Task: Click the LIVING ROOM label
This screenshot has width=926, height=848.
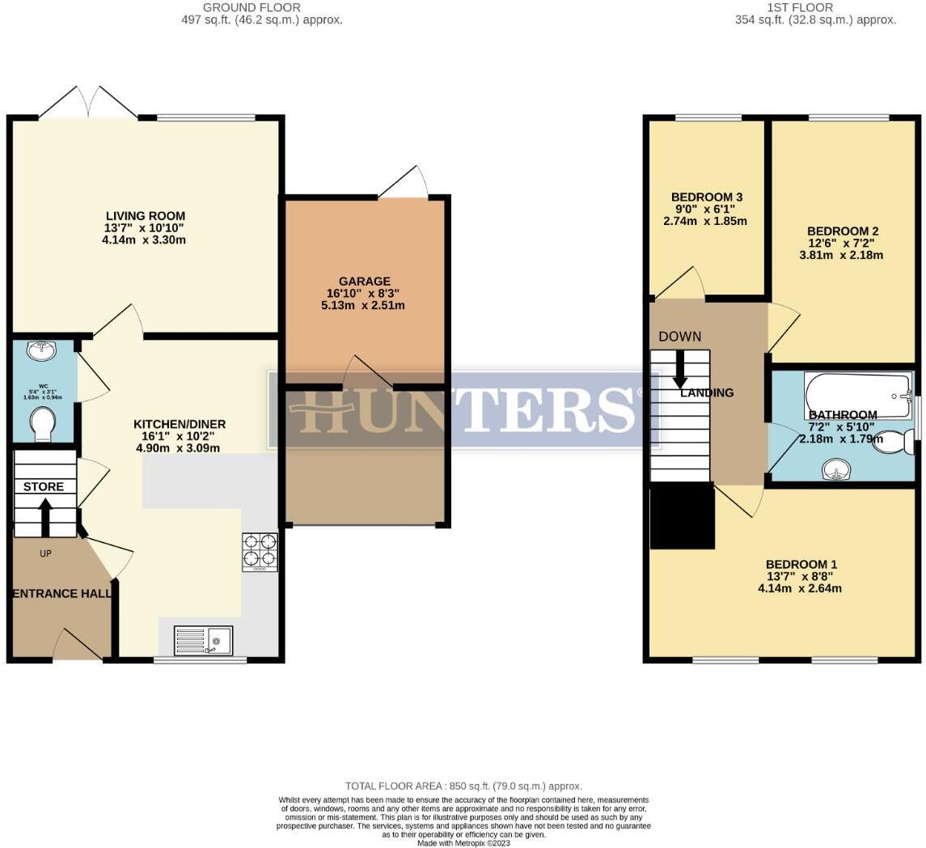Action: (x=146, y=216)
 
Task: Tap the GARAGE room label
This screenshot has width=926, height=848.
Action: (x=364, y=282)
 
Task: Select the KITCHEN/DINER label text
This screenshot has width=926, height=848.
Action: (x=180, y=424)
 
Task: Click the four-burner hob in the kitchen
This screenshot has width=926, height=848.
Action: (x=260, y=552)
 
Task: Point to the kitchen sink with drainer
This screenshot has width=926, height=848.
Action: (x=203, y=641)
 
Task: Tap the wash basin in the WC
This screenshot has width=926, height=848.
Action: (x=41, y=350)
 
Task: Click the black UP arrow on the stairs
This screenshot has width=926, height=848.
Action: (x=45, y=517)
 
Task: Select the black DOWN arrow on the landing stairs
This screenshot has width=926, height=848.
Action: (x=680, y=368)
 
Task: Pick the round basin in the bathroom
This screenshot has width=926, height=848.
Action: (x=835, y=470)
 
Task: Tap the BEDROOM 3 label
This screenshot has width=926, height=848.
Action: (x=706, y=197)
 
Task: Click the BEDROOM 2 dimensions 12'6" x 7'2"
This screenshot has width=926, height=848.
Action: (x=842, y=244)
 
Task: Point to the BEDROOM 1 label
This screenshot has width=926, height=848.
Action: (x=801, y=565)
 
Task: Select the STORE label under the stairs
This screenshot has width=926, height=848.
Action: (x=44, y=487)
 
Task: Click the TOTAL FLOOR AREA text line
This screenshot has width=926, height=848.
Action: (x=463, y=786)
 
